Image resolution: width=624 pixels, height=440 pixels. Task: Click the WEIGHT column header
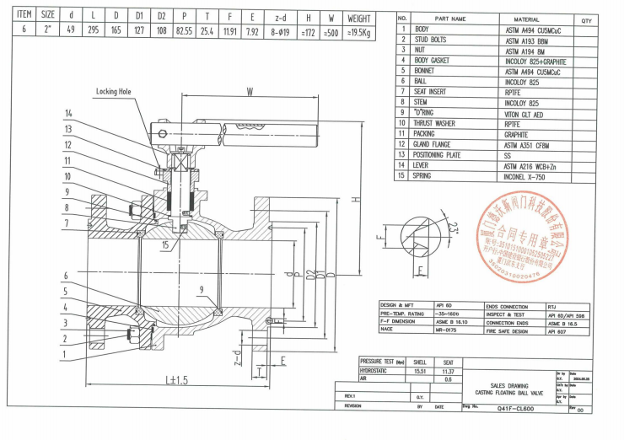(359, 16)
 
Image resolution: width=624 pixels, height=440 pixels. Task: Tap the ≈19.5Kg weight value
(359, 30)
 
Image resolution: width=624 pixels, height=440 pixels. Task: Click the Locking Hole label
(116, 91)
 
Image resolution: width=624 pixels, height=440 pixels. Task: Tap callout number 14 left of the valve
(68, 113)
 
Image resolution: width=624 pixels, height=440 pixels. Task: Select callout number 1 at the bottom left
(65, 355)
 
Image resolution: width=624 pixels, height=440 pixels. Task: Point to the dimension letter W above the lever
(249, 92)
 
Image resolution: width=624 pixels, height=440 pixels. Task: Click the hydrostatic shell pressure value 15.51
(414, 370)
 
